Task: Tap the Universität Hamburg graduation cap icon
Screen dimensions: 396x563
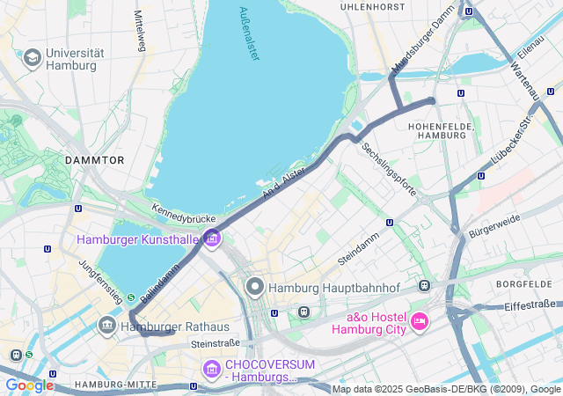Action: [x=33, y=59]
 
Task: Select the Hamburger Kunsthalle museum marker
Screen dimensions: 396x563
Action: [x=212, y=238]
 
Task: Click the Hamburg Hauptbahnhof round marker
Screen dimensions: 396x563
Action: [x=256, y=287]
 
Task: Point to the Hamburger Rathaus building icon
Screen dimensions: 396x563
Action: [x=107, y=326]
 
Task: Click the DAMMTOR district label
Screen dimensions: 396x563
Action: [x=94, y=160]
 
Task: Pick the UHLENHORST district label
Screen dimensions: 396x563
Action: [x=373, y=7]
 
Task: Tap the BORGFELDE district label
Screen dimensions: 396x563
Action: [x=523, y=284]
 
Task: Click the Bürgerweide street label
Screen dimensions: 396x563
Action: [x=494, y=227]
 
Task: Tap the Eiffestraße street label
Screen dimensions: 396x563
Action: [x=530, y=305]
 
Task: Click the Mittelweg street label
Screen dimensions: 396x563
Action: [x=139, y=31]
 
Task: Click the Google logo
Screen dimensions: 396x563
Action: [x=29, y=385]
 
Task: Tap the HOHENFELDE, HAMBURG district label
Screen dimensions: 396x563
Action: [x=442, y=131]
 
